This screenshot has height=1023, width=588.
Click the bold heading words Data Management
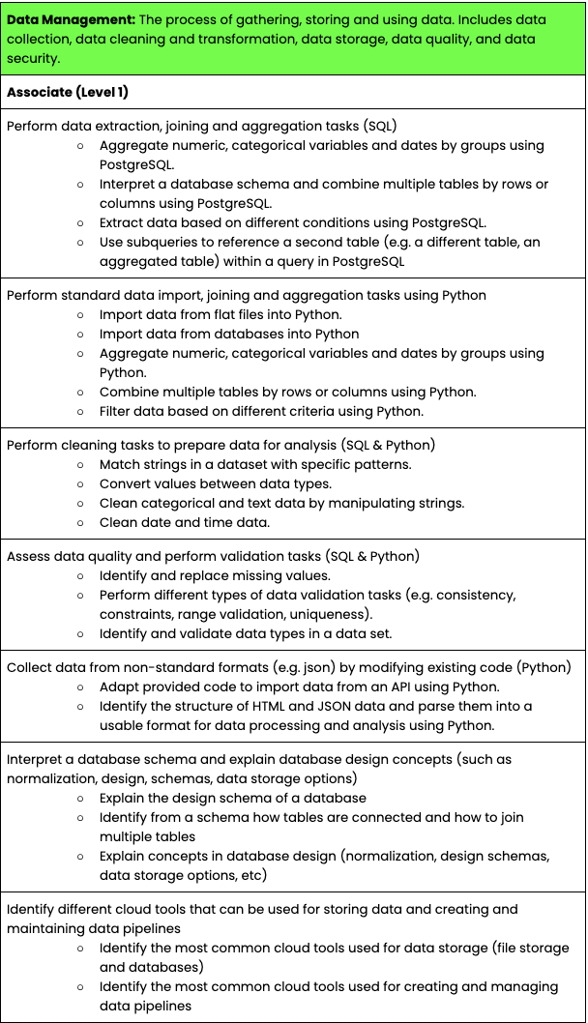coord(69,19)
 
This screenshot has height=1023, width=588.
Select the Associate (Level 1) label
coord(68,92)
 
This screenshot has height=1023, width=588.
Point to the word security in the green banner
coord(34,58)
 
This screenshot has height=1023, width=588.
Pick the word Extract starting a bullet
coord(123,222)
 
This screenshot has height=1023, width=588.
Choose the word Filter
coord(117,411)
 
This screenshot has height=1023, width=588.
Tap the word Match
coord(121,464)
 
